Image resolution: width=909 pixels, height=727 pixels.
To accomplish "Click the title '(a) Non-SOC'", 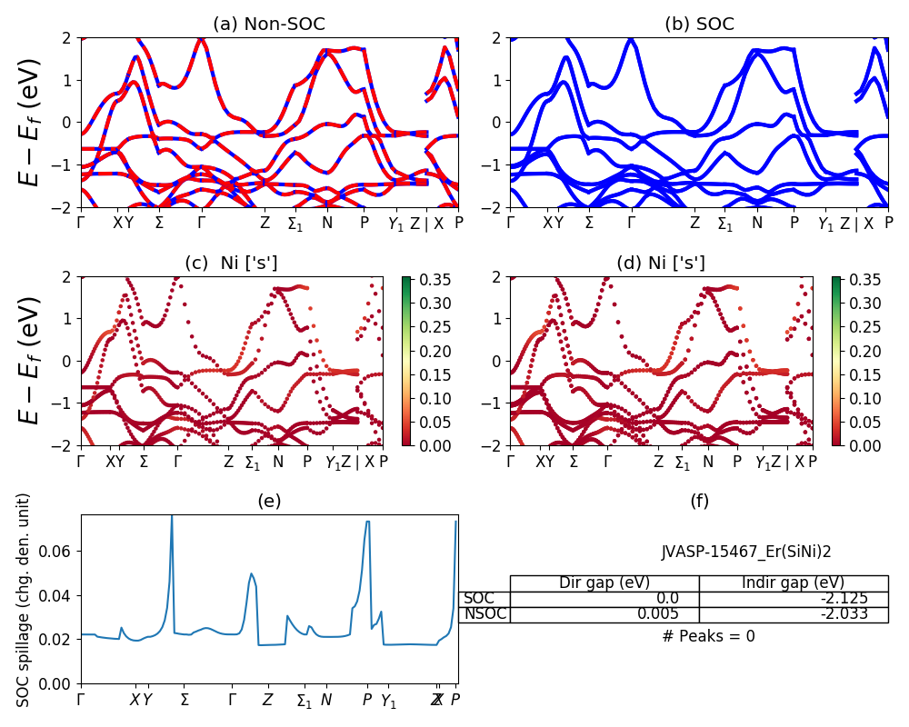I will coord(269,25).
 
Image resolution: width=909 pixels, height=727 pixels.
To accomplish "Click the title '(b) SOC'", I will coord(699,25).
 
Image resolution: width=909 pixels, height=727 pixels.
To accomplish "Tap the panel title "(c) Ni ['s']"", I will coord(232,264).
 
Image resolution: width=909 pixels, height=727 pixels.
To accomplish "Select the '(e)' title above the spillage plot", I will coord(269,501).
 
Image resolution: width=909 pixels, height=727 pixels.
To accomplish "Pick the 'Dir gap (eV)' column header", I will coord(604,583).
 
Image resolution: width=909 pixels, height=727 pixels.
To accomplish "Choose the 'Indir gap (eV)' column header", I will coord(793,583).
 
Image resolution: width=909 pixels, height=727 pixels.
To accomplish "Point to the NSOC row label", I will coord(484,613).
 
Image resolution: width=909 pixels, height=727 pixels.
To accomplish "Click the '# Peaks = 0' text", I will coord(708,636).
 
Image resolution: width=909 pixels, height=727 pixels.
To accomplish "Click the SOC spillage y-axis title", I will coord(25,600).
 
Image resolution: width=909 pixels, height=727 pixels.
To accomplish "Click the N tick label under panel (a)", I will coord(327,223).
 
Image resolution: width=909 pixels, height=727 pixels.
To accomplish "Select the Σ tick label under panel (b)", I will coord(589,223).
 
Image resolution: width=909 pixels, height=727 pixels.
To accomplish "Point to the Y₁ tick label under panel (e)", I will coord(388,701).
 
